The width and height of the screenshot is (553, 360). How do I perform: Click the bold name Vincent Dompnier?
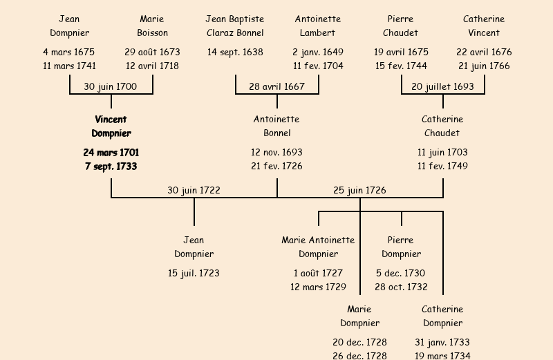(x=111, y=126)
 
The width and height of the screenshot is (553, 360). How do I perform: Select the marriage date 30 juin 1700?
(x=111, y=86)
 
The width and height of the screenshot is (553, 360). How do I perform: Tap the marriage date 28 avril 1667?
(x=276, y=86)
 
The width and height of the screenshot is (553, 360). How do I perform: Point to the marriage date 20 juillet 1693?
(x=442, y=86)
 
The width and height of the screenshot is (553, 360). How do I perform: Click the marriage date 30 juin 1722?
(x=194, y=190)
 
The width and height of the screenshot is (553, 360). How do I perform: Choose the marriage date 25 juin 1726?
(x=359, y=190)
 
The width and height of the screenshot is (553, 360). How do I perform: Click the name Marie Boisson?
(x=152, y=26)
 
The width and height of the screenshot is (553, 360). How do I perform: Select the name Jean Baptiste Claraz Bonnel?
(x=235, y=26)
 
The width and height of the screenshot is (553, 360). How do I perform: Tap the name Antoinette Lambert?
(x=318, y=26)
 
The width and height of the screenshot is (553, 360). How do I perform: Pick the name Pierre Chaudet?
(x=401, y=26)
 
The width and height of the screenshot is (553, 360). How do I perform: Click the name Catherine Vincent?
(x=484, y=26)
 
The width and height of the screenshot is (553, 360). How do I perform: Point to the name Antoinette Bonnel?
(x=276, y=126)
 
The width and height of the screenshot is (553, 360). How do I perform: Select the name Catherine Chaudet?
(x=442, y=126)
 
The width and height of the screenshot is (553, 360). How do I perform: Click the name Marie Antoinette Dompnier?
(x=318, y=247)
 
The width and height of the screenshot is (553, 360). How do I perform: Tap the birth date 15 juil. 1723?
(x=194, y=273)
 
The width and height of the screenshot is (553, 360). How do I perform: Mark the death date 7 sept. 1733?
(x=111, y=167)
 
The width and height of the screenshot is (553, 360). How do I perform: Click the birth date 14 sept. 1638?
(x=235, y=52)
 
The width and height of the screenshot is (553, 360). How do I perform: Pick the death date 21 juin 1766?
(x=484, y=66)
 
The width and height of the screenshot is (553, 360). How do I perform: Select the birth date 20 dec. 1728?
(x=359, y=342)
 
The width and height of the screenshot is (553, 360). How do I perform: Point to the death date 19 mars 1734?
(x=442, y=356)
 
